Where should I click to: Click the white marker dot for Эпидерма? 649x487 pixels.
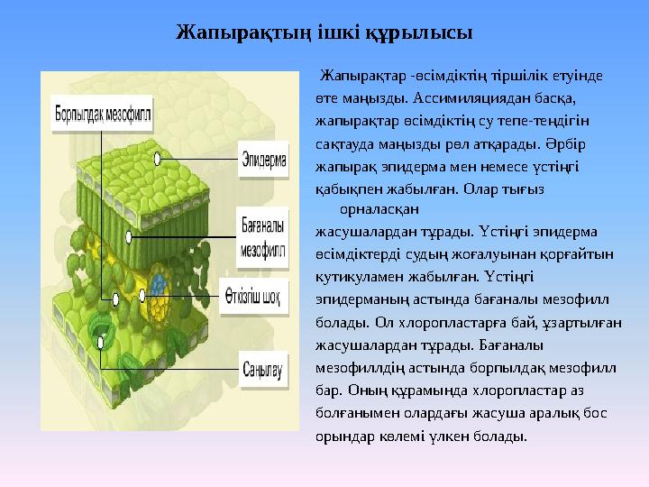tap(158, 158)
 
